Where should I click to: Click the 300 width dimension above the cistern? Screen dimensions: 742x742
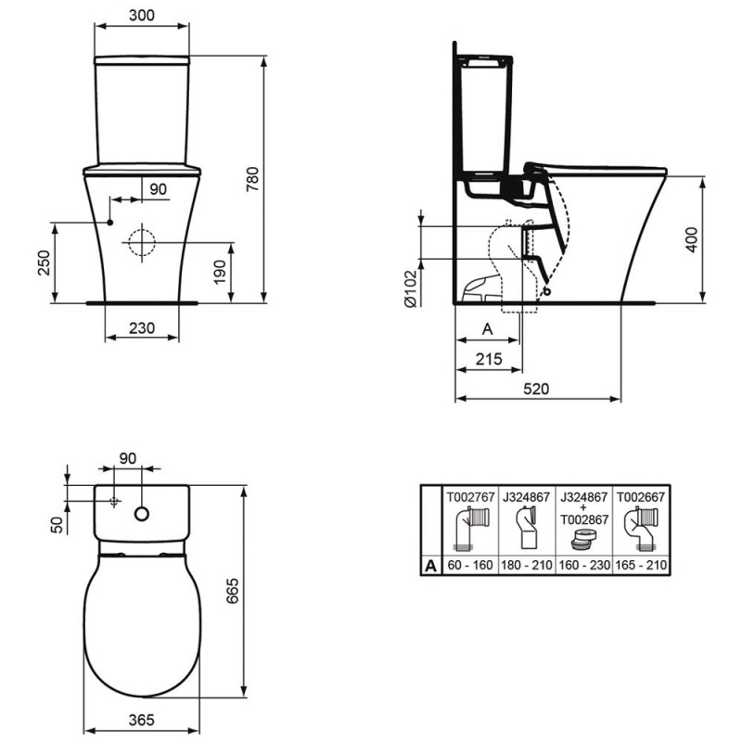[x=142, y=16]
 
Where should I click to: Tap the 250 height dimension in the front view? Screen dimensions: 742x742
[x=42, y=262]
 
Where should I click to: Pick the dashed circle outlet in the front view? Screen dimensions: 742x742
[x=142, y=241]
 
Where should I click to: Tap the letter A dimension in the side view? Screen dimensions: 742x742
[x=488, y=327]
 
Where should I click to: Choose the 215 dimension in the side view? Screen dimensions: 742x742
[x=489, y=359]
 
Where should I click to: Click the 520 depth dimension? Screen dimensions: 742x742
[x=537, y=389]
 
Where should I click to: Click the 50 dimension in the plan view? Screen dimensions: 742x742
[x=56, y=524]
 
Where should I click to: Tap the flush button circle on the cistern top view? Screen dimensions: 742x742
[x=142, y=513]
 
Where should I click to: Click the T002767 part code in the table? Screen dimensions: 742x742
[x=471, y=496]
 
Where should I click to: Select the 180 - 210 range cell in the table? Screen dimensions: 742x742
[x=526, y=565]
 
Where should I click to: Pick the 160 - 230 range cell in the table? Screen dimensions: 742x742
[x=582, y=565]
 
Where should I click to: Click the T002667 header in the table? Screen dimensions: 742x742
[x=639, y=496]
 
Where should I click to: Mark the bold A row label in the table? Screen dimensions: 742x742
[x=431, y=565]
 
